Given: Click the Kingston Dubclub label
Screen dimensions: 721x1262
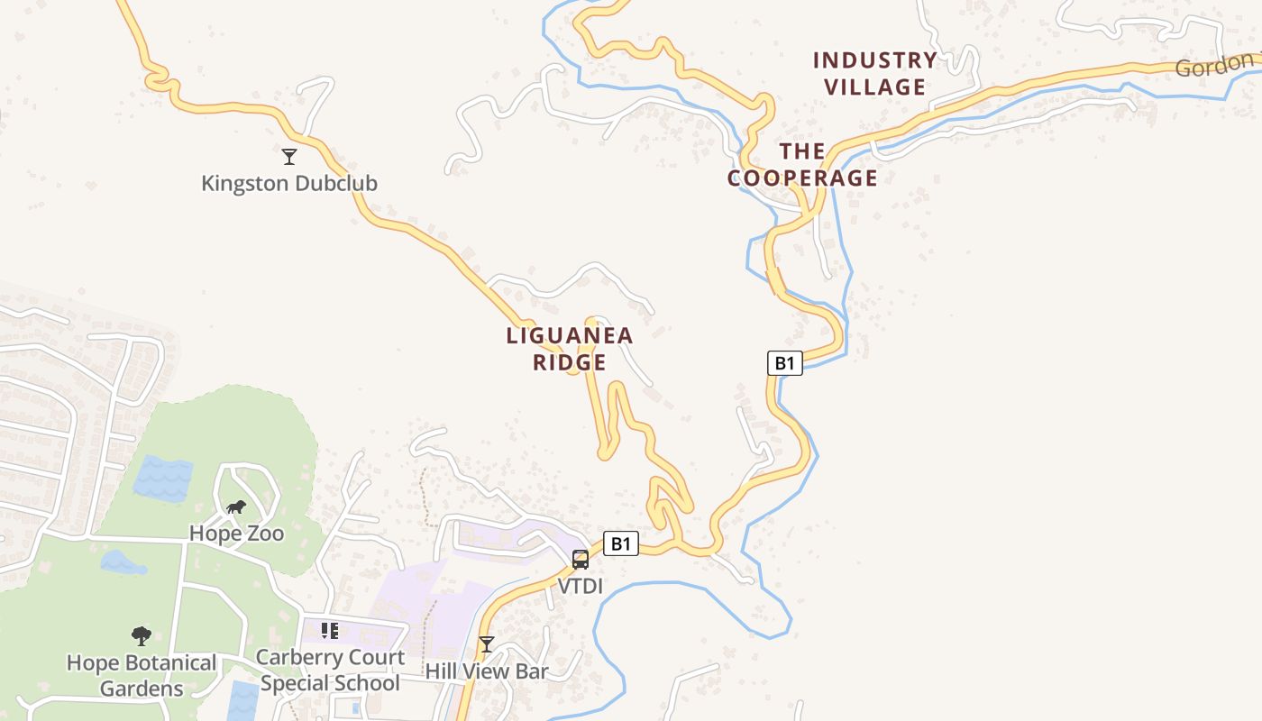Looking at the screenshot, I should click(288, 184).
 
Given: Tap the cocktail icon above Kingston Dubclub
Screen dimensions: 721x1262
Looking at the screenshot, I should click(288, 157).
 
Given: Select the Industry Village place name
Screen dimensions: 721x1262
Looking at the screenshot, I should click(874, 74).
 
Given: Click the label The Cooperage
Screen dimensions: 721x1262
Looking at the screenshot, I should click(801, 165).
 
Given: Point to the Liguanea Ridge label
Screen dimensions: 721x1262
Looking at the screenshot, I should click(570, 349).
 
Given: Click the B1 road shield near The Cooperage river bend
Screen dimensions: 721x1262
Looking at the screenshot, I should click(784, 363).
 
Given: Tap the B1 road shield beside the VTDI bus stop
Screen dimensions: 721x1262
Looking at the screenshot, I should click(620, 543).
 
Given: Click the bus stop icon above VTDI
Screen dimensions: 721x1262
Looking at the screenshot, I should click(581, 559).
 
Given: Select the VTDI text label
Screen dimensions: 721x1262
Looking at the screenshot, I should click(580, 587).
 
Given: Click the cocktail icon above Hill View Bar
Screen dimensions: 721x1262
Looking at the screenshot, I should click(487, 643).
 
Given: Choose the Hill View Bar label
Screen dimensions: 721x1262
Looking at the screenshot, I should click(487, 671).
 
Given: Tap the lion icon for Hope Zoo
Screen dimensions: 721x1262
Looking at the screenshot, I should click(236, 507).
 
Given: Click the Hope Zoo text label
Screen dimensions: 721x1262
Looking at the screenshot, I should click(236, 534).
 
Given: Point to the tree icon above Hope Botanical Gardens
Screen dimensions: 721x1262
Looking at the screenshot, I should click(141, 636).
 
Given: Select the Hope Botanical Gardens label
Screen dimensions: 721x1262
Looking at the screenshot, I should click(142, 676).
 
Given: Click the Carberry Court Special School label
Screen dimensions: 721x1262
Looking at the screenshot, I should click(330, 671).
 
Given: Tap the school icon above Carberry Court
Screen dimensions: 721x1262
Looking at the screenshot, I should click(329, 630).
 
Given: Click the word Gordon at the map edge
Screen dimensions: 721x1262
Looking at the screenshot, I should click(1214, 66).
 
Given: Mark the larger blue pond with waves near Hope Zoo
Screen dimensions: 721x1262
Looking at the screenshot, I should click(163, 478).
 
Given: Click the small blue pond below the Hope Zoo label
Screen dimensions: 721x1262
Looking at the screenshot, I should click(122, 563).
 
